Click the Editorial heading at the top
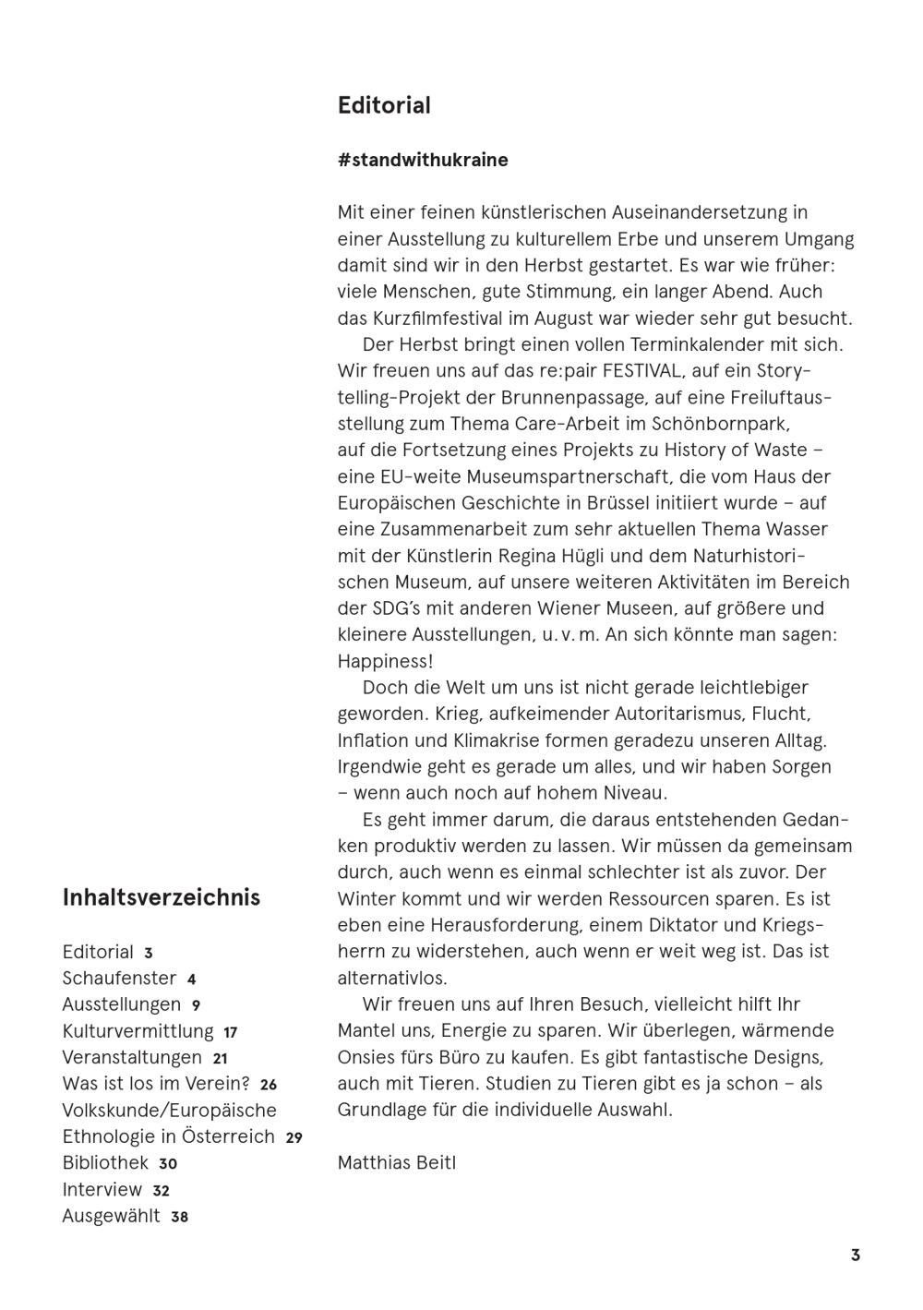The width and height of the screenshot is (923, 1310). click(x=384, y=105)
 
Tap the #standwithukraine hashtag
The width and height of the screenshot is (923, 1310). click(x=423, y=160)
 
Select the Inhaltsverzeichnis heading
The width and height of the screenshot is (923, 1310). click(x=162, y=897)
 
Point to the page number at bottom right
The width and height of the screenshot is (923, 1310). click(x=856, y=1255)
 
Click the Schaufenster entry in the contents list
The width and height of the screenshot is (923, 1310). click(x=119, y=978)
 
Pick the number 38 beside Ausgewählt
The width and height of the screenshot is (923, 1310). click(x=179, y=1217)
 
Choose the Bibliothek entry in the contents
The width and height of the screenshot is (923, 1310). click(x=105, y=1163)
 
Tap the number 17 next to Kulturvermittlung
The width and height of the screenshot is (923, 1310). click(x=231, y=1032)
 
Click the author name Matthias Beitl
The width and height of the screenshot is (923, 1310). click(x=397, y=1162)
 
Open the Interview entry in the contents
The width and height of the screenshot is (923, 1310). click(x=102, y=1190)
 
